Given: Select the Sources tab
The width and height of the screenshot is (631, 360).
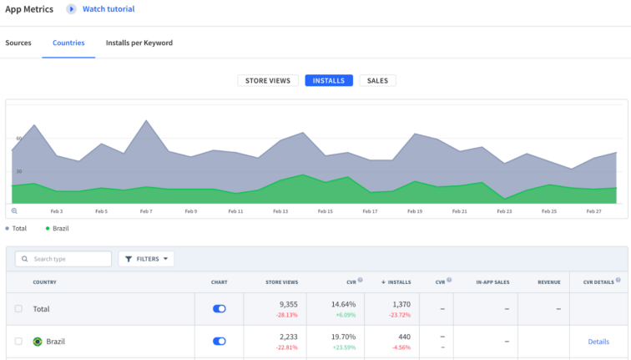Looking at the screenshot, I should [x=18, y=43].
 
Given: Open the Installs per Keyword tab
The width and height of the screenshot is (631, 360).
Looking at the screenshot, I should [x=139, y=43].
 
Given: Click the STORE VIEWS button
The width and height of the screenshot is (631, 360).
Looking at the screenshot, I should [x=268, y=81].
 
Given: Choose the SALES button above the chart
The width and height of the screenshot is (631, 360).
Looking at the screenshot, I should [x=377, y=81].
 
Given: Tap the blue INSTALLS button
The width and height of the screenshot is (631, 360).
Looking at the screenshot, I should [x=329, y=81].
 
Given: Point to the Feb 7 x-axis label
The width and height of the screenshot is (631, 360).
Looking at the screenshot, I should [x=146, y=211].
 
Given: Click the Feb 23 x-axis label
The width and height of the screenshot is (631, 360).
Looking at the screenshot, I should [x=504, y=211].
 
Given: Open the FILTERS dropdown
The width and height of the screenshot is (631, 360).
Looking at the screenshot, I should [x=146, y=259].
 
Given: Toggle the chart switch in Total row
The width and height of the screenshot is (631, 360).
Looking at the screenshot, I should [x=220, y=308].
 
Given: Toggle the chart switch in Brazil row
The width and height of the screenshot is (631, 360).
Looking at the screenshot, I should [x=220, y=341].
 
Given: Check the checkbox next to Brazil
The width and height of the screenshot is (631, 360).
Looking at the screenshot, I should [x=18, y=341].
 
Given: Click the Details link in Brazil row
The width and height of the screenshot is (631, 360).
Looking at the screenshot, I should [x=598, y=342].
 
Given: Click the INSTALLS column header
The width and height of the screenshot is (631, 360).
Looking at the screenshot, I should [x=396, y=282].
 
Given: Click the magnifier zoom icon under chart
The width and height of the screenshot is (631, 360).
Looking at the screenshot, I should [x=14, y=211].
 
